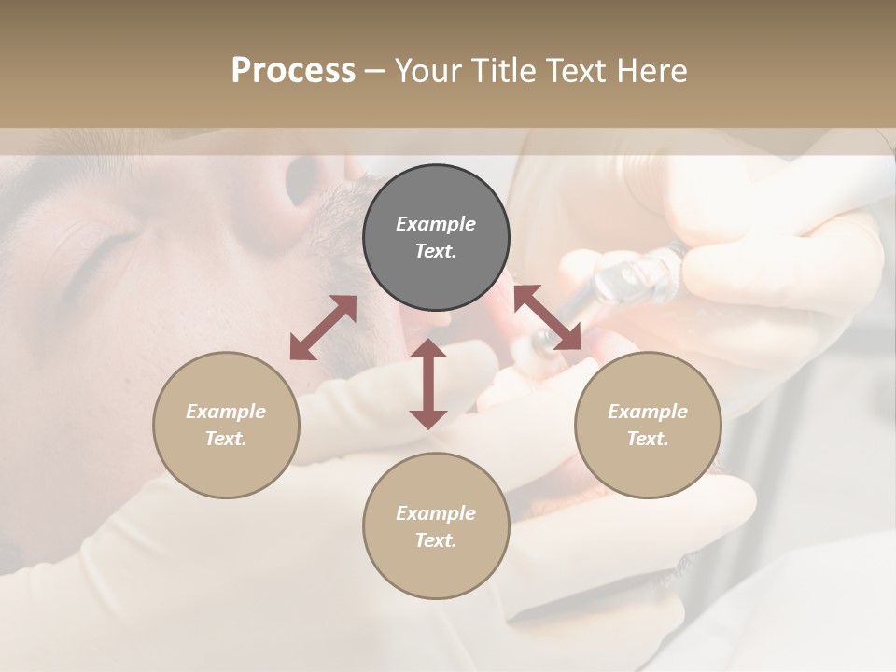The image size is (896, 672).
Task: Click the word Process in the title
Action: (x=293, y=71)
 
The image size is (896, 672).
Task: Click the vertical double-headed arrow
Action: (x=428, y=384)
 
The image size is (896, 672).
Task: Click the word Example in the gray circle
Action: (x=436, y=224)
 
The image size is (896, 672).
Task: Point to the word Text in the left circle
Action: (x=226, y=439)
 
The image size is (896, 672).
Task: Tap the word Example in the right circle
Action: (x=648, y=412)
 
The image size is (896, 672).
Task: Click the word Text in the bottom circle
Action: (x=436, y=540)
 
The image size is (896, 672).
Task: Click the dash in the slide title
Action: (x=374, y=71)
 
